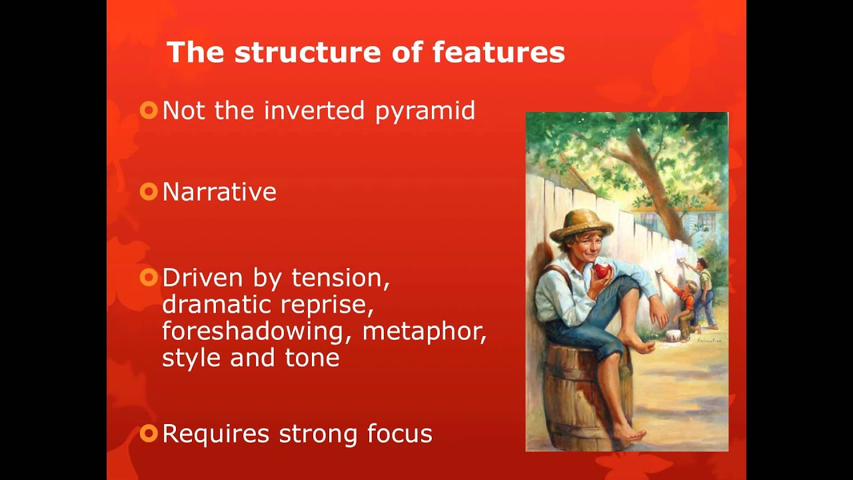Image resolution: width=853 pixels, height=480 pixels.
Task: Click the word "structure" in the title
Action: pyautogui.click(x=308, y=52)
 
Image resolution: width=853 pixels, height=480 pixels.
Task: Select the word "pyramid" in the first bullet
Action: pyautogui.click(x=425, y=111)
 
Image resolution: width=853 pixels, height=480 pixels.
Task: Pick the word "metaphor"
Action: pyautogui.click(x=425, y=331)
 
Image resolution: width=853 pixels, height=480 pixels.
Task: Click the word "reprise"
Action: pyautogui.click(x=327, y=305)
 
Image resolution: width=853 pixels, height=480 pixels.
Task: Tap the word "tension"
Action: pyautogui.click(x=341, y=279)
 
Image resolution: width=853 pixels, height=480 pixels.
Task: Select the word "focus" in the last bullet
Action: pyautogui.click(x=400, y=433)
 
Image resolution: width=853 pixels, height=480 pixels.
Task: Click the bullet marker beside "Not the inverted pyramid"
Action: pyautogui.click(x=149, y=111)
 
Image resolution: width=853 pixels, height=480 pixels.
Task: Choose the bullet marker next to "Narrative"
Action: pyautogui.click(x=149, y=191)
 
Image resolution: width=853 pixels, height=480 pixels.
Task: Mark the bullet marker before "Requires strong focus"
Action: pyautogui.click(x=149, y=433)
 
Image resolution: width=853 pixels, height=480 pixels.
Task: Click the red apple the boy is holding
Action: pyautogui.click(x=602, y=271)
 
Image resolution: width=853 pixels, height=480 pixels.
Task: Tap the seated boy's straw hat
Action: pyautogui.click(x=581, y=225)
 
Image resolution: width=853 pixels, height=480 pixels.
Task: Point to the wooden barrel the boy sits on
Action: pyautogui.click(x=588, y=396)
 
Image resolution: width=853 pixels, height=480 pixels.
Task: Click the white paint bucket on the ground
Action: pyautogui.click(x=674, y=337)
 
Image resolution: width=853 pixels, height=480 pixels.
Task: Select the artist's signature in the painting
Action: pyautogui.click(x=709, y=341)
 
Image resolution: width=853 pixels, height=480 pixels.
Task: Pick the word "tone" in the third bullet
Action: pyautogui.click(x=313, y=358)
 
